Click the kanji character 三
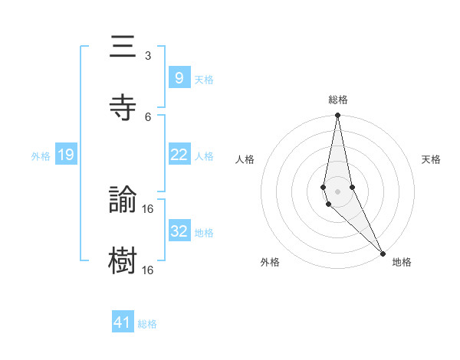coord(123,47)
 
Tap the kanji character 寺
coord(123,108)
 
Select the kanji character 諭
coord(123,200)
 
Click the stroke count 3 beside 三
coord(148,56)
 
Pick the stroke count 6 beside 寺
coord(148,116)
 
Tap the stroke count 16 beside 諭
coord(148,208)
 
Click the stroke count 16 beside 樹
coord(148,270)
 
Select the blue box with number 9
coord(179,77)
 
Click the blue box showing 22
coord(179,155)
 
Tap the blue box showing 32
coord(179,231)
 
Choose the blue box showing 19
coord(66,155)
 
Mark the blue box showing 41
coord(123,322)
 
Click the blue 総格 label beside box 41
coord(147,324)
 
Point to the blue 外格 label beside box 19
coord(41,156)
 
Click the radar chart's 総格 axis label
coord(338,100)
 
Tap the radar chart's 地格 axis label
coord(402,262)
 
